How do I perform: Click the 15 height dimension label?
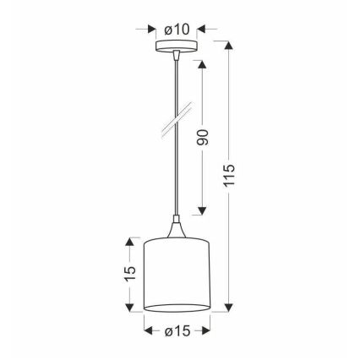(129, 274)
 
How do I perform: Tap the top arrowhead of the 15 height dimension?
(129, 242)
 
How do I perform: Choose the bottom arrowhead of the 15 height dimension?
(129, 306)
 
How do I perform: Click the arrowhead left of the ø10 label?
(151, 28)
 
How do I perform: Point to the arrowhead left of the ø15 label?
(149, 329)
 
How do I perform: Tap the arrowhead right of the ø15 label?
(206, 329)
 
